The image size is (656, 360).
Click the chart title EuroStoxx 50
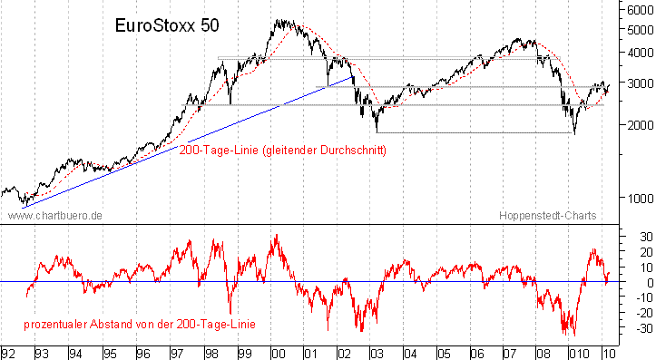coord(167,27)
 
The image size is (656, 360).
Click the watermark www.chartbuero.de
coord(54,216)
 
